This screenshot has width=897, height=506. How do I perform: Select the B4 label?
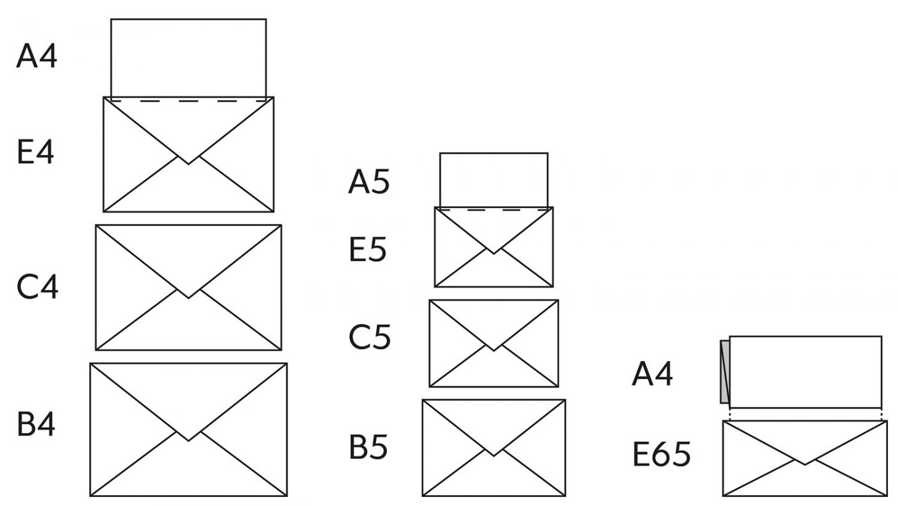click(36, 424)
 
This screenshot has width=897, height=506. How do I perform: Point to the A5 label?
click(368, 182)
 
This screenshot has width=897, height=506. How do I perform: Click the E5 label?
click(368, 249)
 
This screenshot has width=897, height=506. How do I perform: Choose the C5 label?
click(369, 336)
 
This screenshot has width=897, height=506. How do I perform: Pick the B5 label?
click(368, 447)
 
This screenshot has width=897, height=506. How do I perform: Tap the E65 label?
click(661, 455)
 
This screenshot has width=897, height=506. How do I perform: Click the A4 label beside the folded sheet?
click(652, 374)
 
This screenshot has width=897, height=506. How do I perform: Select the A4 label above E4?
click(37, 56)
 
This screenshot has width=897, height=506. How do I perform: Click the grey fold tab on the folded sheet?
click(725, 372)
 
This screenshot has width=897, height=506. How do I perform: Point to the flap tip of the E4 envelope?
click(188, 163)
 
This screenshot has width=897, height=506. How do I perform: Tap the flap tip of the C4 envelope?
click(188, 297)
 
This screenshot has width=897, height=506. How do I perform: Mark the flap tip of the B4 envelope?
click(188, 440)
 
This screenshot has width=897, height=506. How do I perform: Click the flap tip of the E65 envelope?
click(805, 464)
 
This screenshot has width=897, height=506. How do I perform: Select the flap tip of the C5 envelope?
click(493, 350)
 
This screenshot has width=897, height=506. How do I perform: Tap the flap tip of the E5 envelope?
click(493, 252)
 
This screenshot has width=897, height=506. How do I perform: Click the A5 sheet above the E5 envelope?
click(493, 179)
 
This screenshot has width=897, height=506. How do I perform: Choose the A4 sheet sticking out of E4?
click(188, 58)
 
